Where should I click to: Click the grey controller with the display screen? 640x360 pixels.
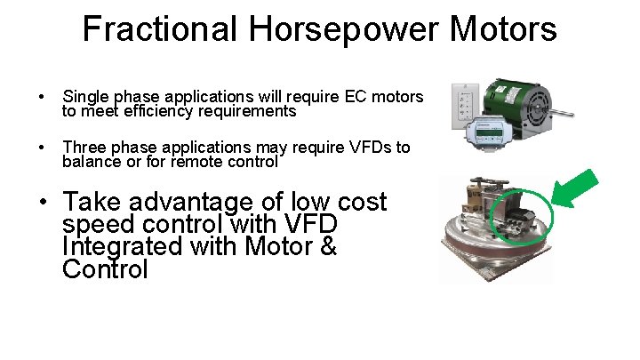[490, 130]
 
